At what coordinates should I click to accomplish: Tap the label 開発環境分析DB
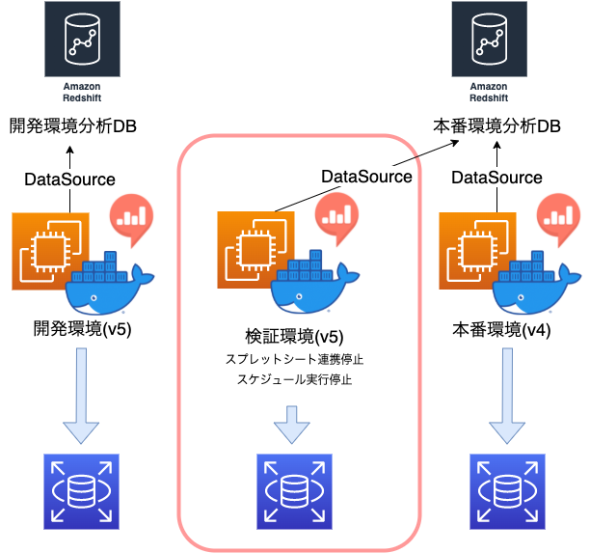pyautogui.click(x=73, y=125)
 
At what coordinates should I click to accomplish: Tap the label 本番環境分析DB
pyautogui.click(x=496, y=125)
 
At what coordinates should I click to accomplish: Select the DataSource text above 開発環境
pyautogui.click(x=69, y=179)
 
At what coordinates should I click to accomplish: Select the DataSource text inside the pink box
pyautogui.click(x=365, y=177)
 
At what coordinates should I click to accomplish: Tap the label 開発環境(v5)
pyautogui.click(x=83, y=330)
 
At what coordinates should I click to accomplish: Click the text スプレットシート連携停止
pyautogui.click(x=294, y=359)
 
